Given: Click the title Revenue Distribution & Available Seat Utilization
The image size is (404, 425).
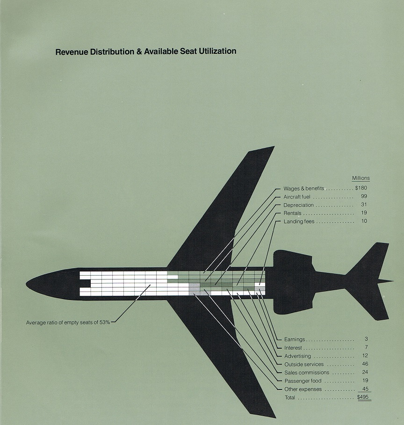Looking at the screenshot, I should click(146, 51).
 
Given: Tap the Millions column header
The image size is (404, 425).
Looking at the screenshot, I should click(361, 178).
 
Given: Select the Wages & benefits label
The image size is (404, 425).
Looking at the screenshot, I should click(303, 189).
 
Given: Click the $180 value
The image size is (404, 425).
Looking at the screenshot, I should click(361, 189).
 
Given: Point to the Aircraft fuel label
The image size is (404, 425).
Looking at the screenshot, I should click(297, 197).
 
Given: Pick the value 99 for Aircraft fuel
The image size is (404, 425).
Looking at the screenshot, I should click(364, 197).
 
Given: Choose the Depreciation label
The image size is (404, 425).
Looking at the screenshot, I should click(298, 205).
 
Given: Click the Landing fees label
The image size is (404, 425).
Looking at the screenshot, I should click(299, 221).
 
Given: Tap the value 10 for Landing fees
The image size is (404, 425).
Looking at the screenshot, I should click(364, 221).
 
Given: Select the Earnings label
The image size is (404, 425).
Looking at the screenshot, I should click(294, 339).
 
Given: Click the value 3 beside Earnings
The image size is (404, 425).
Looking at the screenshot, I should click(366, 339).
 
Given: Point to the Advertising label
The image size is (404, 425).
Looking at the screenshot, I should click(297, 356).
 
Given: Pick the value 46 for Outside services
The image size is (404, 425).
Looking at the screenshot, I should click(365, 364).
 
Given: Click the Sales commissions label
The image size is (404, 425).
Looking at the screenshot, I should click(306, 373).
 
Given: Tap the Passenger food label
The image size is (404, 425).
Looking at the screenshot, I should click(303, 381).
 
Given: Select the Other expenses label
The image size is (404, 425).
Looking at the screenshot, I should click(303, 389).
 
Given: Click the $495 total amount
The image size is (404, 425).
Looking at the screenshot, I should click(363, 398).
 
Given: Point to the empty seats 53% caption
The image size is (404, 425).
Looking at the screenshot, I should click(68, 322).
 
